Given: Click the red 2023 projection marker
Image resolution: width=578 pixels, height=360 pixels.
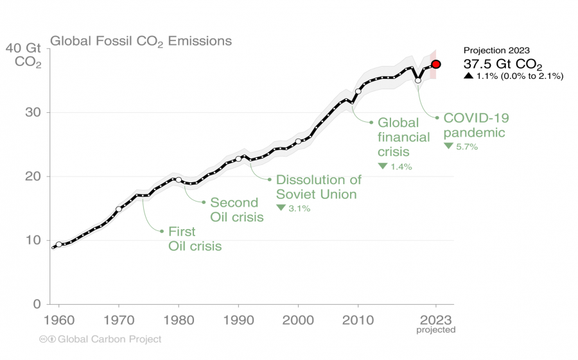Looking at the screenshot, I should pos(436,64).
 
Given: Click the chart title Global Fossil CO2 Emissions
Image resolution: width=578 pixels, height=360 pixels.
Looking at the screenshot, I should pos(141,42).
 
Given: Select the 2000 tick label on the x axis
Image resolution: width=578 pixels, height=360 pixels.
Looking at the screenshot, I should pos(299,319).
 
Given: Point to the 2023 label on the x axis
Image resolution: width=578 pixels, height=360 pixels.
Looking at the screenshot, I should pos(435,319).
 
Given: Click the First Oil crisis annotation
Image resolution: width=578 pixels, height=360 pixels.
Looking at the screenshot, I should pos(195,239).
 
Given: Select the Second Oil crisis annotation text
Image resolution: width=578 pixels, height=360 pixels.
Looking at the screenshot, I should pos(236,210).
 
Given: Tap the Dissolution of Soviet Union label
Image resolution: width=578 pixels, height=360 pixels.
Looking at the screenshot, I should pos(319,187).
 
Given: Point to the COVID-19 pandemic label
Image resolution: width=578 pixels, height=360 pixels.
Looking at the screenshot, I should pos(477,125).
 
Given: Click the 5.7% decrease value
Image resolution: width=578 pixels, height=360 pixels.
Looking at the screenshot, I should pos(468,147).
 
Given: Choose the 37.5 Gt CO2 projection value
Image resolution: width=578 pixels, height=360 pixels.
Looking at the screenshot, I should pos(503,64).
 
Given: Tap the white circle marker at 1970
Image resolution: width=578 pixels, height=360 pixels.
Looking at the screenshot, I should pos(119,209).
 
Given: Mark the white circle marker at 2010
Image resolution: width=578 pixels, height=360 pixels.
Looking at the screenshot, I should pos(358,91).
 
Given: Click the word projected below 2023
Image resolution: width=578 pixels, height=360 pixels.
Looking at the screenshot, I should pos(435,330).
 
